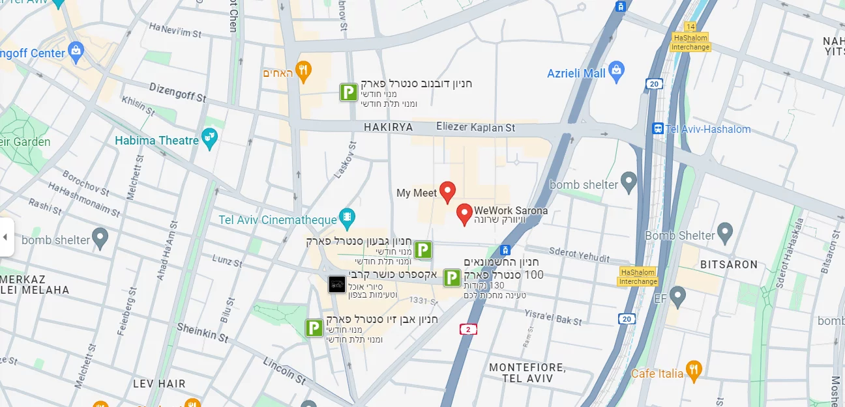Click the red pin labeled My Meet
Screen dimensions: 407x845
click(447, 191)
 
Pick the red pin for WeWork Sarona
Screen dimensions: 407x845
click(464, 213)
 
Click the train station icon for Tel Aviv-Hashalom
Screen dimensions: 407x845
click(658, 129)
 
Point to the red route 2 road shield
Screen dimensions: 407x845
click(467, 330)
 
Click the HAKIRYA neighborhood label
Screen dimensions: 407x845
click(388, 128)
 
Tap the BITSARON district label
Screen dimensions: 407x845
click(728, 264)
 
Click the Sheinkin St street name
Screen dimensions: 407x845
click(203, 333)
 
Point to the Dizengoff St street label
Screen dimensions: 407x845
click(177, 92)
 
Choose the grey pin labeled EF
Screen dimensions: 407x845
click(678, 298)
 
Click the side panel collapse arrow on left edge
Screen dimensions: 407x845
click(5, 236)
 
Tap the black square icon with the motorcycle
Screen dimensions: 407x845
click(336, 285)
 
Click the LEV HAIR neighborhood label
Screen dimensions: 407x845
click(159, 384)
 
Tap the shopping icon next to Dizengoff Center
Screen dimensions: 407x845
click(76, 50)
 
